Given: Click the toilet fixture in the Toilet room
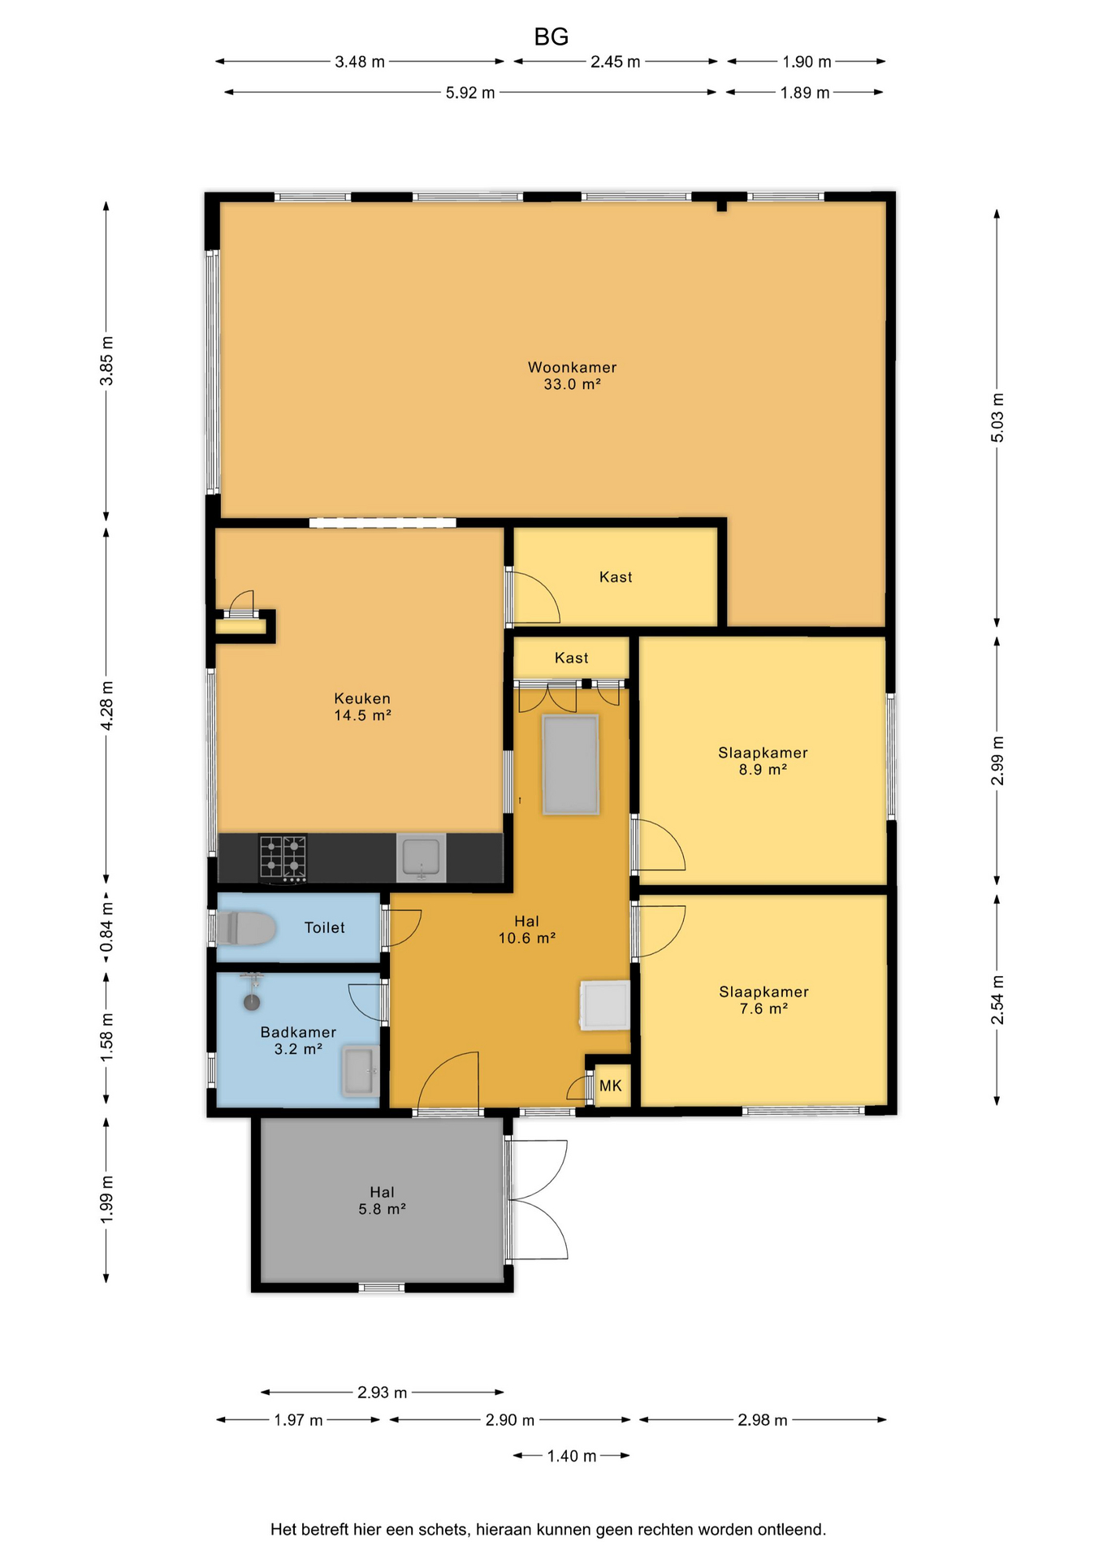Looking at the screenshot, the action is pos(245,928).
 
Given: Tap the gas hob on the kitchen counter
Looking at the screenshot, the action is pos(283,858).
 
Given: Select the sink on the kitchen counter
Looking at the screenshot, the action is pos(422,858).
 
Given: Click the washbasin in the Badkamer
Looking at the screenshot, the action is pos(360,1072).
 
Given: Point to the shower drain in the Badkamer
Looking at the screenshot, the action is pos(252,1002).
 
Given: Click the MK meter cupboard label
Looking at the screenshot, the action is pos(611,1086).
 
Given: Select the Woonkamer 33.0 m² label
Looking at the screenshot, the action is pos(573,376).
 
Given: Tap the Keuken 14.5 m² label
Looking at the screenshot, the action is pos(362,706).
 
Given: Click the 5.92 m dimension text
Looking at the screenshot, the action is pos(470,93).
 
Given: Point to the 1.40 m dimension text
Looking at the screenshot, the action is pos(572,1456).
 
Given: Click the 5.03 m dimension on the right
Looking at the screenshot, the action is pos(997,417).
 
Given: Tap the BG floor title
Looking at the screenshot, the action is pos(551,37).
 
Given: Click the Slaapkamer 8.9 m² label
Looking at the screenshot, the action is pos(763,761).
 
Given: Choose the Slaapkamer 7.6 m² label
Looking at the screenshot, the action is pos(764,1000).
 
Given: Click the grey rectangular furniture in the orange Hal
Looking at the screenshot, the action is pos(571,764).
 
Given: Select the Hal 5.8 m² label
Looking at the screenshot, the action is pos(383,1200).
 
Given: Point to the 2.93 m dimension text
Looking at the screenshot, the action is pos(383,1393).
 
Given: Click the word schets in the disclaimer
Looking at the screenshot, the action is pos(443,1530).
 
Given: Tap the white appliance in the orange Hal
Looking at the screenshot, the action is pos(604,1005).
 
